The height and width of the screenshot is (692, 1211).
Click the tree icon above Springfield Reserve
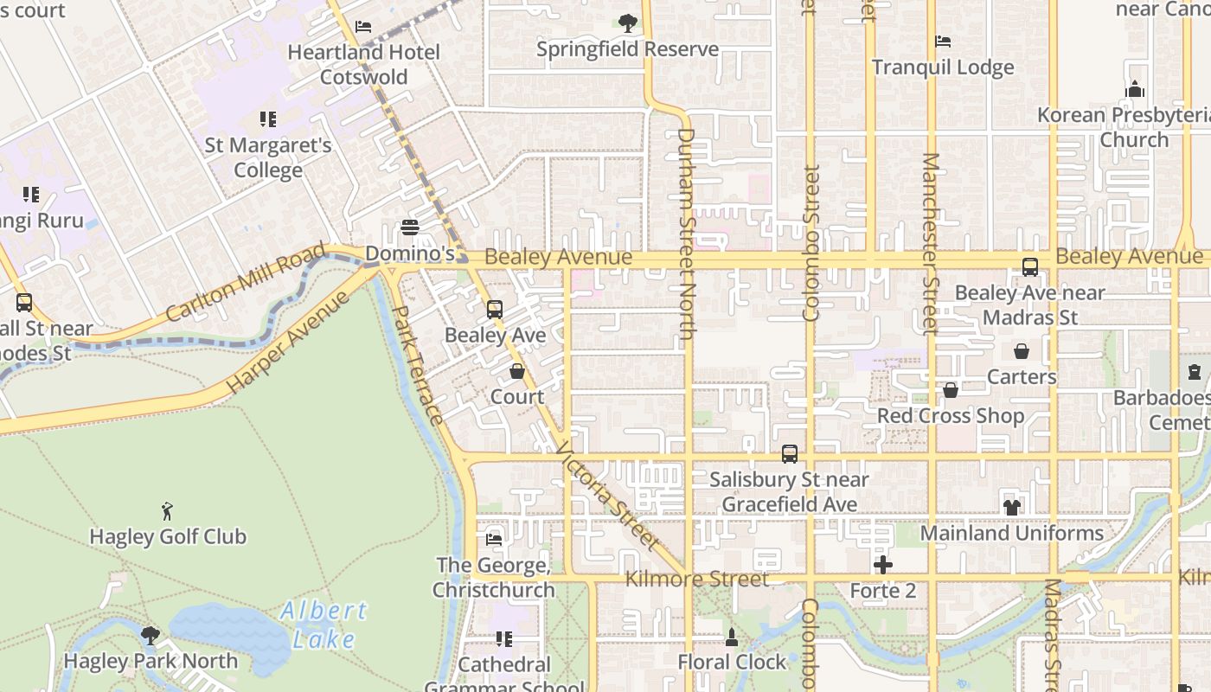pyautogui.click(x=628, y=23)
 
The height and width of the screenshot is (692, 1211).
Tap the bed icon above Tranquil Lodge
pyautogui.click(x=943, y=42)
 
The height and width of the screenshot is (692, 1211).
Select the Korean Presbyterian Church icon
pyautogui.click(x=1135, y=89)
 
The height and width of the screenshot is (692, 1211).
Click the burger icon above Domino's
pyautogui.click(x=410, y=227)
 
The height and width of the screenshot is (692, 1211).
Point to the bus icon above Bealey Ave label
pyautogui.click(x=494, y=309)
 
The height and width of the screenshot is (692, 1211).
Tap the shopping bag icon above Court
pyautogui.click(x=517, y=371)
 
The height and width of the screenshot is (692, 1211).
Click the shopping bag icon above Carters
pyautogui.click(x=1022, y=351)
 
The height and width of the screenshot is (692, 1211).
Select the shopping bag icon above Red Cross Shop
pyautogui.click(x=951, y=390)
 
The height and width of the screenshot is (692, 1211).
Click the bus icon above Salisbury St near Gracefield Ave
pyautogui.click(x=789, y=453)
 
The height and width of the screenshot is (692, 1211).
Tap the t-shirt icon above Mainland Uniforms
pyautogui.click(x=1011, y=507)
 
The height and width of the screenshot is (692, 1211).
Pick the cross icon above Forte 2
pyautogui.click(x=882, y=565)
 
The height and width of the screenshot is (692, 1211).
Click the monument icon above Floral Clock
pyautogui.click(x=732, y=637)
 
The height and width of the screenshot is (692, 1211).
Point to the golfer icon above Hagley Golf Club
pyautogui.click(x=168, y=511)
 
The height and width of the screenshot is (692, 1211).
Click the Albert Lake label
pyautogui.click(x=324, y=625)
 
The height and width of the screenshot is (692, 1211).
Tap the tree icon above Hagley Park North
pyautogui.click(x=151, y=636)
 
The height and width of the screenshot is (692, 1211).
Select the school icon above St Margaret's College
pyautogui.click(x=268, y=119)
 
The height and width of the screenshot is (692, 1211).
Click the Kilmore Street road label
pyautogui.click(x=696, y=579)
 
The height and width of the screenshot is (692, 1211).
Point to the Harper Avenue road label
pyautogui.click(x=288, y=343)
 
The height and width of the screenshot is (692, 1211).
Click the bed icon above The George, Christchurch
pyautogui.click(x=494, y=539)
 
